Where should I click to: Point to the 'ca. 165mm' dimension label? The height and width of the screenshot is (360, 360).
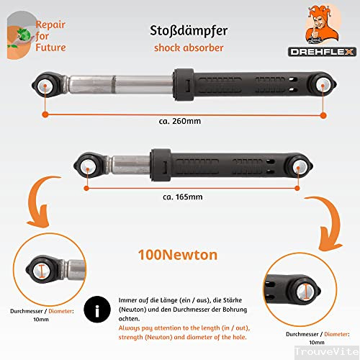pyautogui.click(x=178, y=197)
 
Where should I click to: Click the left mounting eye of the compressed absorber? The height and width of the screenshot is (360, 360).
pyautogui.click(x=88, y=166)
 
